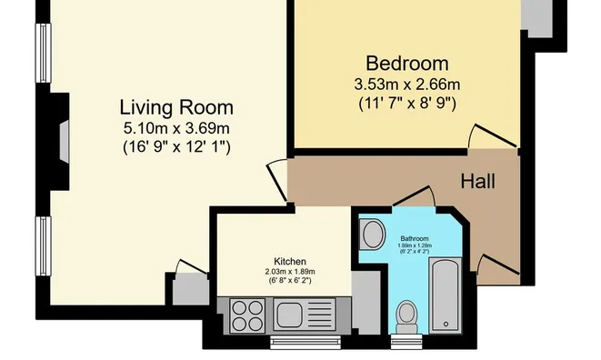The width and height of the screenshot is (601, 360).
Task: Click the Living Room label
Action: (x=176, y=107)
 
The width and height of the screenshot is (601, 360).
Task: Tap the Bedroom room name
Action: (x=407, y=64)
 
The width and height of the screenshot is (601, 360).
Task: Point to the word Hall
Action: (x=477, y=181)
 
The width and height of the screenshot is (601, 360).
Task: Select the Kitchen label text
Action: (x=290, y=262)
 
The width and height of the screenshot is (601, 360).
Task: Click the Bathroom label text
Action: (x=415, y=238)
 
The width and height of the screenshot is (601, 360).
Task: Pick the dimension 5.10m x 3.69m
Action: (x=176, y=128)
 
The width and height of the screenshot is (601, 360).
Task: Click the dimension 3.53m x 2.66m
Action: (x=407, y=85)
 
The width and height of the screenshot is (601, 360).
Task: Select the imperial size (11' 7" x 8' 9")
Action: (x=407, y=103)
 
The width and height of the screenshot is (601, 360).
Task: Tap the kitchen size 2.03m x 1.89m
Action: (x=290, y=272)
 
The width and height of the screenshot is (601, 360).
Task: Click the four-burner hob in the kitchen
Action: (x=247, y=315)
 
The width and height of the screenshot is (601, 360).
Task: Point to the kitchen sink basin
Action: (x=289, y=315)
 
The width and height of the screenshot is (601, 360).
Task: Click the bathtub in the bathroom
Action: (x=445, y=295)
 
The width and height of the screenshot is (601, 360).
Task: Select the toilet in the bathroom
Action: (x=406, y=317)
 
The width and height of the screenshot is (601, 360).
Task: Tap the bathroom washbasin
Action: (x=373, y=235)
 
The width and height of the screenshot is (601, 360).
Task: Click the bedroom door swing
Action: (x=492, y=136)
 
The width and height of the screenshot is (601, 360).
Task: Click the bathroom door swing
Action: (x=414, y=196)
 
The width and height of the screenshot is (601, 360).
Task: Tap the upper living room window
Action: (x=44, y=53)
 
